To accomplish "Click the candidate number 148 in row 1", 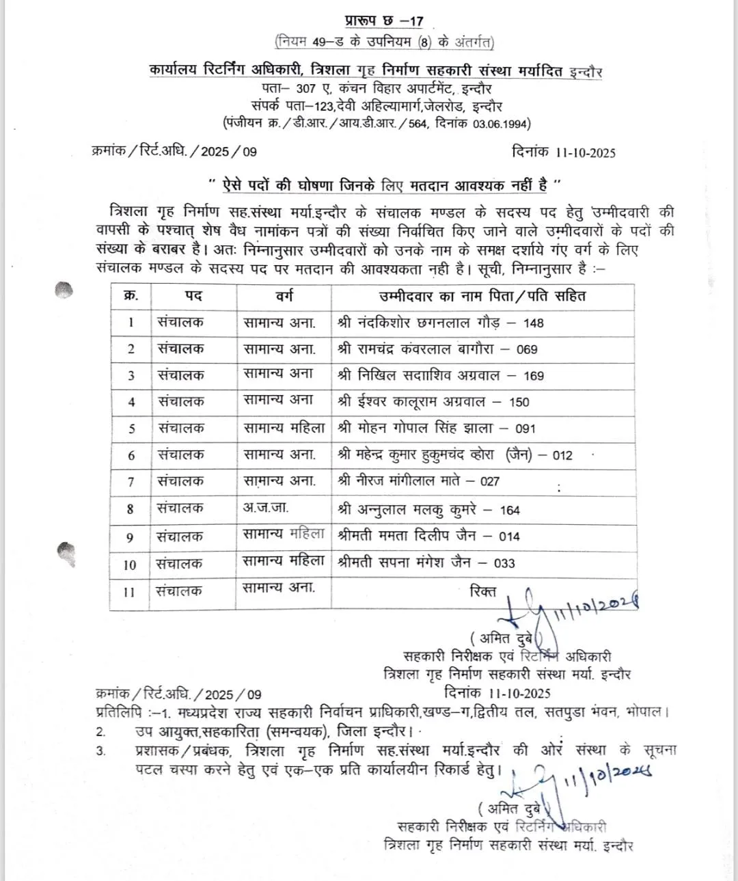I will [534, 323].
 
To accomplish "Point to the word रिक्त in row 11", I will [483, 591].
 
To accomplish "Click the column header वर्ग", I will [284, 297].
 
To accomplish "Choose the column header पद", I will [193, 297].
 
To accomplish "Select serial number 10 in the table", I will [130, 565].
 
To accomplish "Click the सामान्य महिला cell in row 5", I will [284, 429].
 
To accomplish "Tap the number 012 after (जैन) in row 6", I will [562, 455].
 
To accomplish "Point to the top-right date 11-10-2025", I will [585, 152].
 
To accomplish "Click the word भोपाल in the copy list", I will [646, 712].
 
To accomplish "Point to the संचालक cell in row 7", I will [180, 481].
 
